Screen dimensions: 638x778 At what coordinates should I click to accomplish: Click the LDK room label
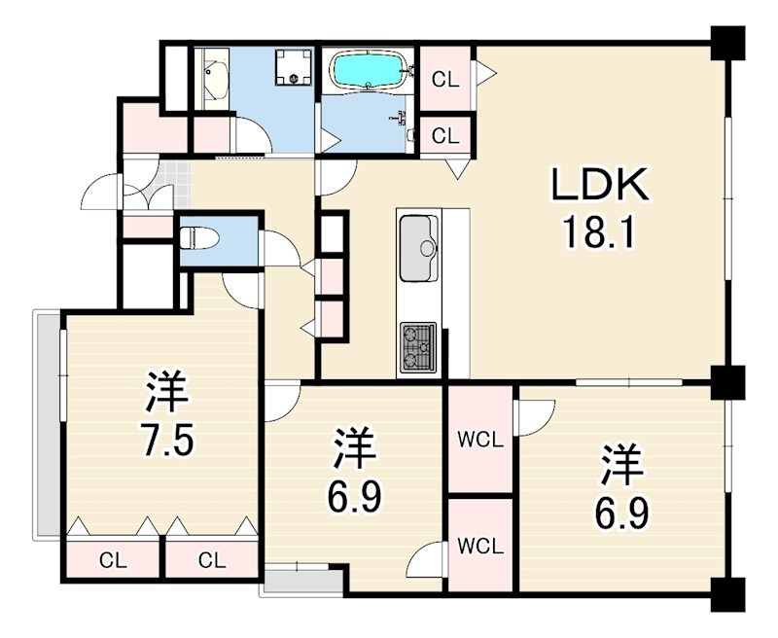tap(599, 185)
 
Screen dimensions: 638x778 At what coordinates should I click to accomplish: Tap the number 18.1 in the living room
tap(599, 232)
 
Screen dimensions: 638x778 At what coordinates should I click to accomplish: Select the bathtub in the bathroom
tap(368, 70)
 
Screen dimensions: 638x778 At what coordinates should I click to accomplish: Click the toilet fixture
tap(198, 236)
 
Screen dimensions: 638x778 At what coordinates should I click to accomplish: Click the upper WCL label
tap(479, 440)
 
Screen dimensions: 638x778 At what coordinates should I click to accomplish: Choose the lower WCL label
tap(479, 546)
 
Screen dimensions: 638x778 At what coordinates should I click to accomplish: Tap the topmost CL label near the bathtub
tap(445, 81)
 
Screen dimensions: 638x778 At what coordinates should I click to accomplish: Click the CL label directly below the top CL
tap(445, 136)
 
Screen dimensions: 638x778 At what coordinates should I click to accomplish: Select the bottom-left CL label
tap(113, 560)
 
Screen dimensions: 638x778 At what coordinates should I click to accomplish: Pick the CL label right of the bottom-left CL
tap(212, 560)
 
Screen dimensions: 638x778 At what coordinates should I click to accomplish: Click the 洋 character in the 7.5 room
tap(167, 391)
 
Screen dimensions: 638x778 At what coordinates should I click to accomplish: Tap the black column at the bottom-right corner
tap(726, 594)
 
